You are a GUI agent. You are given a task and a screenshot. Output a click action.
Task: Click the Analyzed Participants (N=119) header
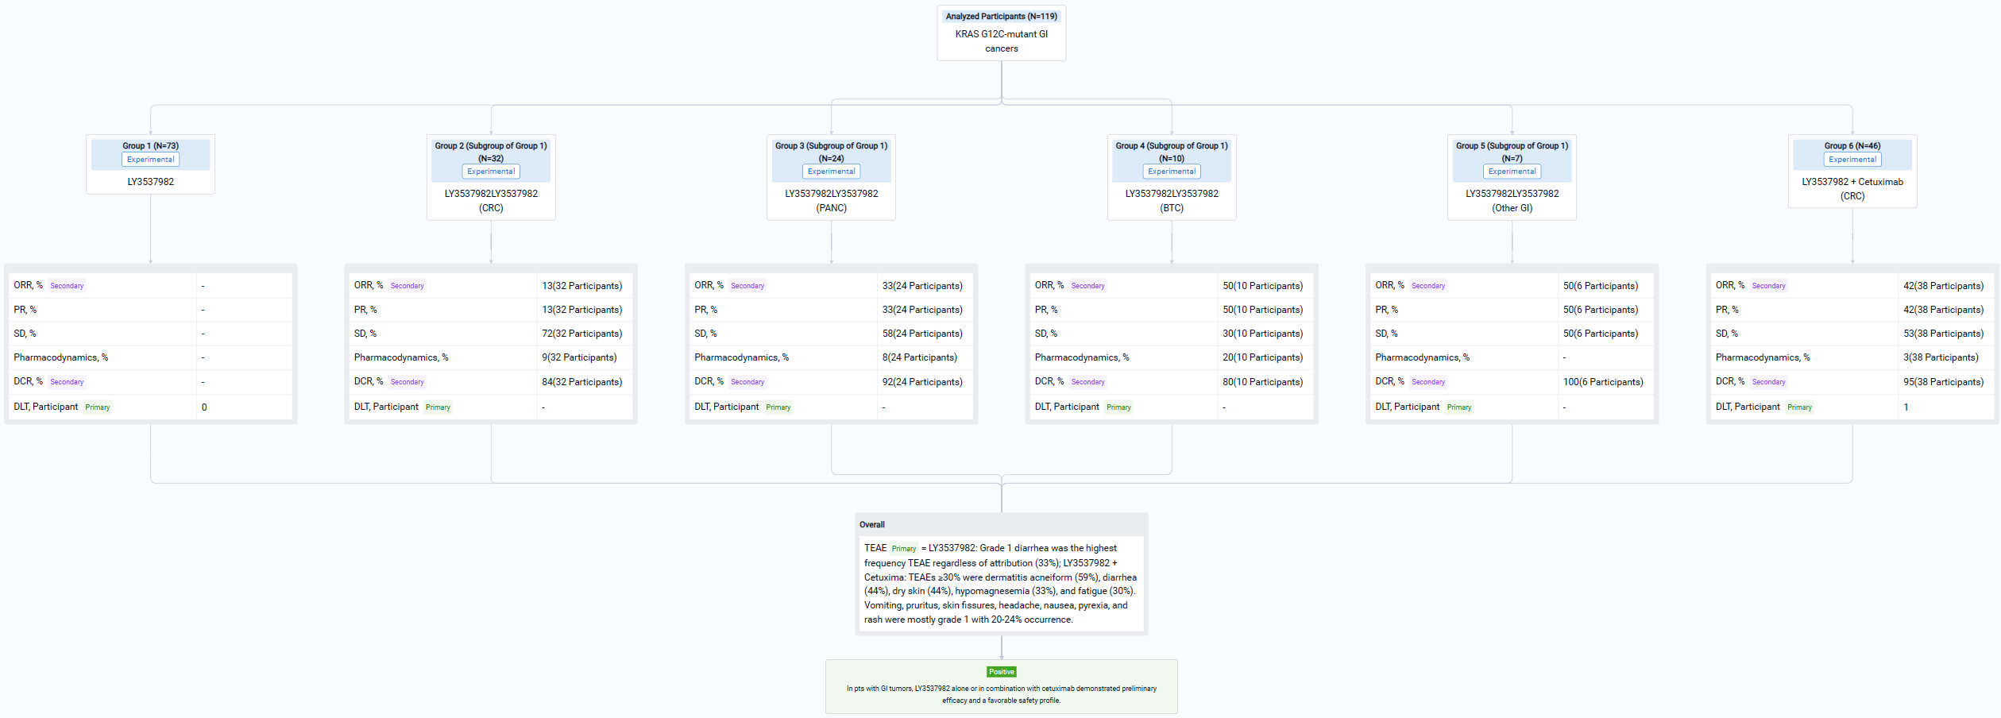tap(1001, 16)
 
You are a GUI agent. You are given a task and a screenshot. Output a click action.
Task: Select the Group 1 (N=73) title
tap(150, 146)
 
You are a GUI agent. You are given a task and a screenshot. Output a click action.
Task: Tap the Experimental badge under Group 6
tap(1852, 160)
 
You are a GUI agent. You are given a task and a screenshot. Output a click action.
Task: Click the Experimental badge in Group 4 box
tap(1171, 172)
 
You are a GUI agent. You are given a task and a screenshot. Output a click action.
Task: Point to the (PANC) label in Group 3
tap(831, 208)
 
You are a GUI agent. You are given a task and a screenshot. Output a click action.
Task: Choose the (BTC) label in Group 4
tap(1171, 208)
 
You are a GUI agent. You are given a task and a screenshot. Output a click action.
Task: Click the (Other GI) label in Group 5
tap(1512, 208)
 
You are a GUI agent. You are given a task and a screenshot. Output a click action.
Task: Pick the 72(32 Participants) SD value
tap(581, 334)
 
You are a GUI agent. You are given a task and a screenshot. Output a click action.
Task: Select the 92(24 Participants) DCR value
tap(921, 382)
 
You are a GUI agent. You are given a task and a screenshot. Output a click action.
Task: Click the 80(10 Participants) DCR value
tap(1262, 382)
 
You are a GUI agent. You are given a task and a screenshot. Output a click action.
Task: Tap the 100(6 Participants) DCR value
tap(1603, 382)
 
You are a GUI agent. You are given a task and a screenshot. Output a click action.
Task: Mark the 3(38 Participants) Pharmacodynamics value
tap(1940, 357)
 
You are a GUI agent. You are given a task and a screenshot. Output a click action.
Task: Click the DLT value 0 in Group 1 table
tap(204, 407)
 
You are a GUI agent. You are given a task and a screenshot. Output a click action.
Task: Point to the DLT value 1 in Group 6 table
tap(1905, 407)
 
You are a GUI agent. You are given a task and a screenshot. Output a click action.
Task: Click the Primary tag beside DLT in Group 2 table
tap(438, 407)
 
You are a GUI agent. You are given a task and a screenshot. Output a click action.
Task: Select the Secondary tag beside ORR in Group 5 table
tap(1427, 286)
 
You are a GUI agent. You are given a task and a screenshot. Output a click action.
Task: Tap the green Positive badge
tap(1001, 672)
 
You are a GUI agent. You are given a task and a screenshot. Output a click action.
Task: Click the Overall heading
tap(871, 525)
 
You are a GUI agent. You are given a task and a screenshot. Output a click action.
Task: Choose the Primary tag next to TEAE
tap(903, 549)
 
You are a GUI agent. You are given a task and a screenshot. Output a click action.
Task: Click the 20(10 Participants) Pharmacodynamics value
tap(1262, 357)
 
